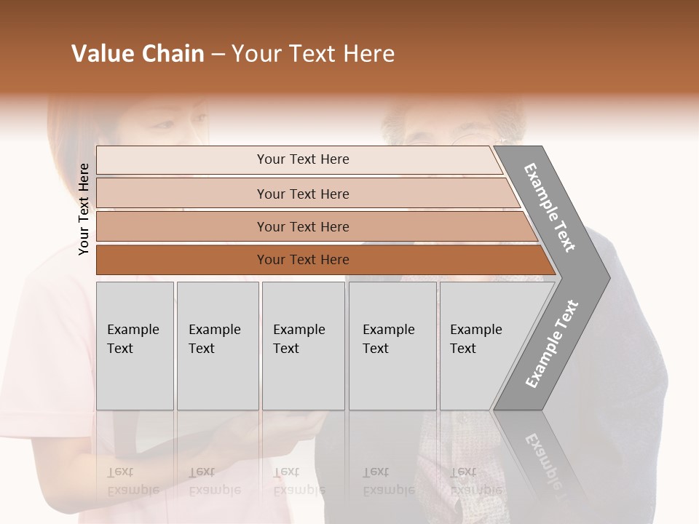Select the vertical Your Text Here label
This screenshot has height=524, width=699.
coord(84,210)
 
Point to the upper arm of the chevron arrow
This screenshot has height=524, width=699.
coord(550,207)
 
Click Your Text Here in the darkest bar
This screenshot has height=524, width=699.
coord(303,260)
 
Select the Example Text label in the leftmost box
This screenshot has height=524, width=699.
coord(133,339)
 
